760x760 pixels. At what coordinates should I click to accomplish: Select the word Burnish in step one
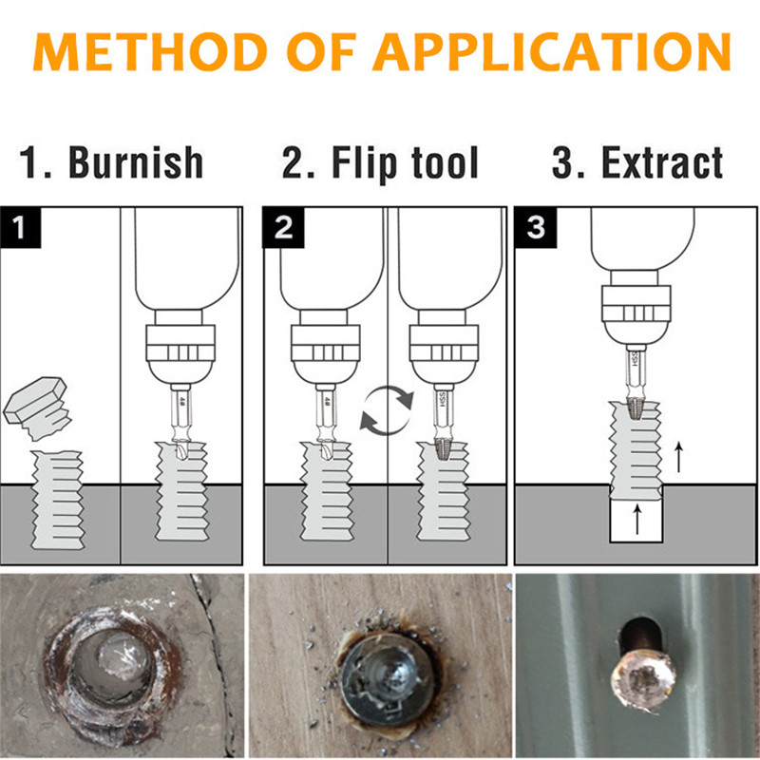click(136, 162)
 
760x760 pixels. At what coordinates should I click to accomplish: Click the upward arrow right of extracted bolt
click(678, 458)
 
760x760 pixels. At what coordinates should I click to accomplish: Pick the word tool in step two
click(444, 162)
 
